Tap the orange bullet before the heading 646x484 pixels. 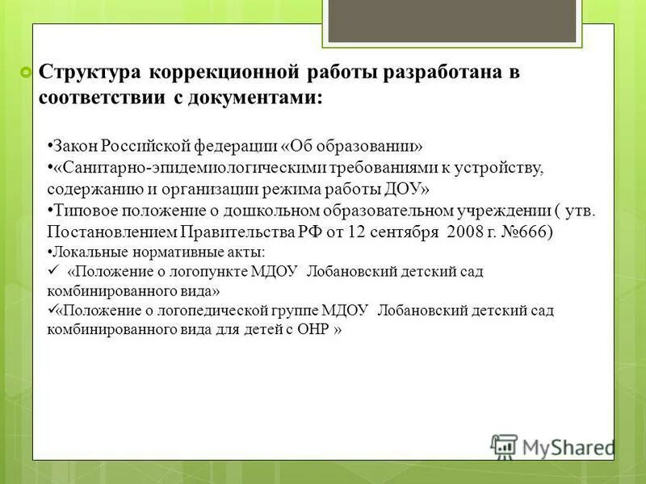[26, 73]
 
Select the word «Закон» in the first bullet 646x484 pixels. [73, 145]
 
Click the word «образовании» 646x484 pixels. [371, 145]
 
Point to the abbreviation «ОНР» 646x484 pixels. [312, 331]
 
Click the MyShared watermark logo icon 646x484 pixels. [504, 445]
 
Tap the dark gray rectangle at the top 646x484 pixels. [458, 20]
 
